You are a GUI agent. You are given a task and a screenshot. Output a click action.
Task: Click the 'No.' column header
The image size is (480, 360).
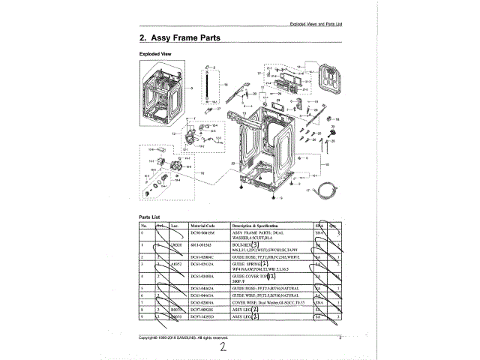coord(142,225)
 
